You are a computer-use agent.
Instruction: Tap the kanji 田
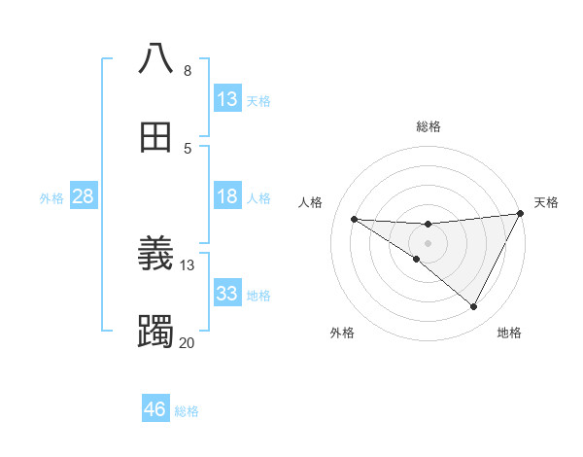[155, 137]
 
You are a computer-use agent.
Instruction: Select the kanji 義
[155, 254]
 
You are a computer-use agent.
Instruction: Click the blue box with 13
[227, 98]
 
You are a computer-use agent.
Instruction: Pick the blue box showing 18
[227, 196]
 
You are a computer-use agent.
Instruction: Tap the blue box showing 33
[227, 293]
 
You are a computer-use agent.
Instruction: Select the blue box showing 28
[84, 196]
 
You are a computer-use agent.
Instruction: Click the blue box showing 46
[155, 409]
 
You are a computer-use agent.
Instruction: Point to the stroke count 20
[187, 342]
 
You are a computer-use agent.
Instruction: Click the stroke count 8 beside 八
[187, 70]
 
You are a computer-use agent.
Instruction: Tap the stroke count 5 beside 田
[187, 148]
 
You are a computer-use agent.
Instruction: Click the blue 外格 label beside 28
[51, 197]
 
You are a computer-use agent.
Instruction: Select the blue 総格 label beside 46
[187, 411]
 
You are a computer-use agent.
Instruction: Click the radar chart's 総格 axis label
[428, 126]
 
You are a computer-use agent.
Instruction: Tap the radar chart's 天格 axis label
[546, 202]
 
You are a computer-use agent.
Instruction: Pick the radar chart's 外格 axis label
[342, 333]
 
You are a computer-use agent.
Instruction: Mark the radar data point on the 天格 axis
[521, 214]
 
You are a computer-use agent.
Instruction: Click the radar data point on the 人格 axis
[355, 219]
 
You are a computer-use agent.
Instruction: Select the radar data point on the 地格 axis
[473, 306]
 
